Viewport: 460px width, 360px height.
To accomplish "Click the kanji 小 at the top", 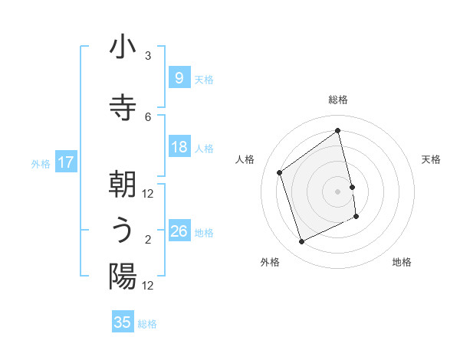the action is click(123, 47).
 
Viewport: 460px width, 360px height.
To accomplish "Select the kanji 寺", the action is click(123, 104).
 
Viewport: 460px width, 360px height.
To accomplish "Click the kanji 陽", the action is click(123, 276).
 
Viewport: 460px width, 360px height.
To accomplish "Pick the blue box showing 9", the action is click(179, 78).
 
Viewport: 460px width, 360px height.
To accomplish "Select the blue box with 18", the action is click(179, 147).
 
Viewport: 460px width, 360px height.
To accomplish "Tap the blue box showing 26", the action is click(179, 231).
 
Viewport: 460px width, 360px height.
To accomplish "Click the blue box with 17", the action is click(66, 162).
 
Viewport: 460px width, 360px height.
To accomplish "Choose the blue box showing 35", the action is click(123, 322).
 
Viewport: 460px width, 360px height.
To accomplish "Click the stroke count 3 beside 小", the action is click(148, 56).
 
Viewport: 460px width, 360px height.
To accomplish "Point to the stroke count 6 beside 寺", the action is click(148, 116).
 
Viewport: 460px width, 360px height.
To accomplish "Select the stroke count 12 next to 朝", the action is click(148, 194).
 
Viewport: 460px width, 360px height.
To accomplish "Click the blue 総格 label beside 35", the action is click(147, 324).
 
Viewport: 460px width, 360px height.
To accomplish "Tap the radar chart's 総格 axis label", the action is click(338, 100).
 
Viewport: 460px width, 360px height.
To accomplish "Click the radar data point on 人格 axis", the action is click(280, 172).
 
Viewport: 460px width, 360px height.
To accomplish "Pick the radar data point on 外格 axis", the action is click(301, 242).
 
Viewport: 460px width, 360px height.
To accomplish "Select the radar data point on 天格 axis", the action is click(352, 187).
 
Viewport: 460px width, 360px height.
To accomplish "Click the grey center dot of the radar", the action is click(338, 191).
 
